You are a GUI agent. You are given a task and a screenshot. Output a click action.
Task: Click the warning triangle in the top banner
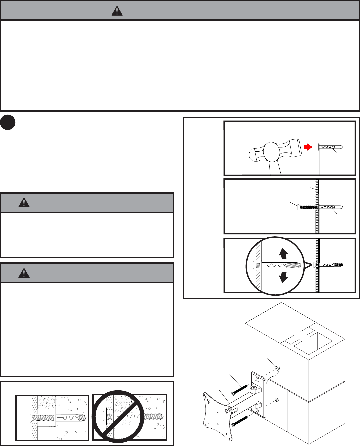coord(117,11)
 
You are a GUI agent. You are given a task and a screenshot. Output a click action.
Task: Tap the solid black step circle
coord(8,122)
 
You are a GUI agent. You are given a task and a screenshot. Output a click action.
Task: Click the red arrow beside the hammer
coord(308,147)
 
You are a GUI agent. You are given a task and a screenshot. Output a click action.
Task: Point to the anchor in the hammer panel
coord(331,147)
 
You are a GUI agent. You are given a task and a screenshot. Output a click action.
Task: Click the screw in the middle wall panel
coord(307,207)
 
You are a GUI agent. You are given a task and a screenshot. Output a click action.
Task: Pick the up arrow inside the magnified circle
coord(283,253)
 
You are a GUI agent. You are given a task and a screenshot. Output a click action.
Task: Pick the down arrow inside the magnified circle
coord(283,277)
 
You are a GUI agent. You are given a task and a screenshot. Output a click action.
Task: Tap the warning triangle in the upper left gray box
coord(24,202)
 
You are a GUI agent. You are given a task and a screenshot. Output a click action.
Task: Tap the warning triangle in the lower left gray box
coord(24,273)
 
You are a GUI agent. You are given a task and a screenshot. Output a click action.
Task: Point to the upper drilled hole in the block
coord(276,368)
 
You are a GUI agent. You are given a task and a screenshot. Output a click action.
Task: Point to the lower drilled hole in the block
coord(276,399)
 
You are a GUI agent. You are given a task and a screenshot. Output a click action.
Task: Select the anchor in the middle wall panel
coord(331,207)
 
